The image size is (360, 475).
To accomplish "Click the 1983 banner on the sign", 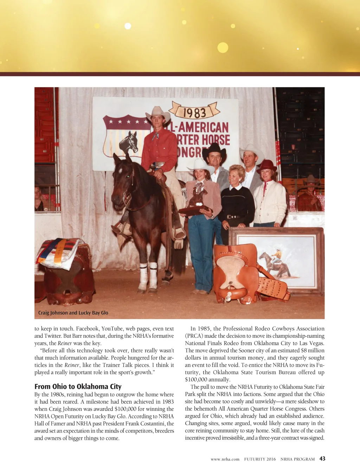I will click(x=194, y=112).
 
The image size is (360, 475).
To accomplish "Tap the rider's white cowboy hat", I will click(x=158, y=113).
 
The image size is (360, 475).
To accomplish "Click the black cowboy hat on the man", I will click(x=214, y=150).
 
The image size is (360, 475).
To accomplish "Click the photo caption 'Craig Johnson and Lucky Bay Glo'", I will click(x=73, y=313).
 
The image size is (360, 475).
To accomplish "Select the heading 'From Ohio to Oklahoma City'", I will click(x=78, y=386).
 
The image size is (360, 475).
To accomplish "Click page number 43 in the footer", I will click(x=322, y=458).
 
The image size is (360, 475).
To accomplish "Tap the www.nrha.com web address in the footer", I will click(x=225, y=459).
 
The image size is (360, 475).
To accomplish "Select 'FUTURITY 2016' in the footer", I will click(x=260, y=459).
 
